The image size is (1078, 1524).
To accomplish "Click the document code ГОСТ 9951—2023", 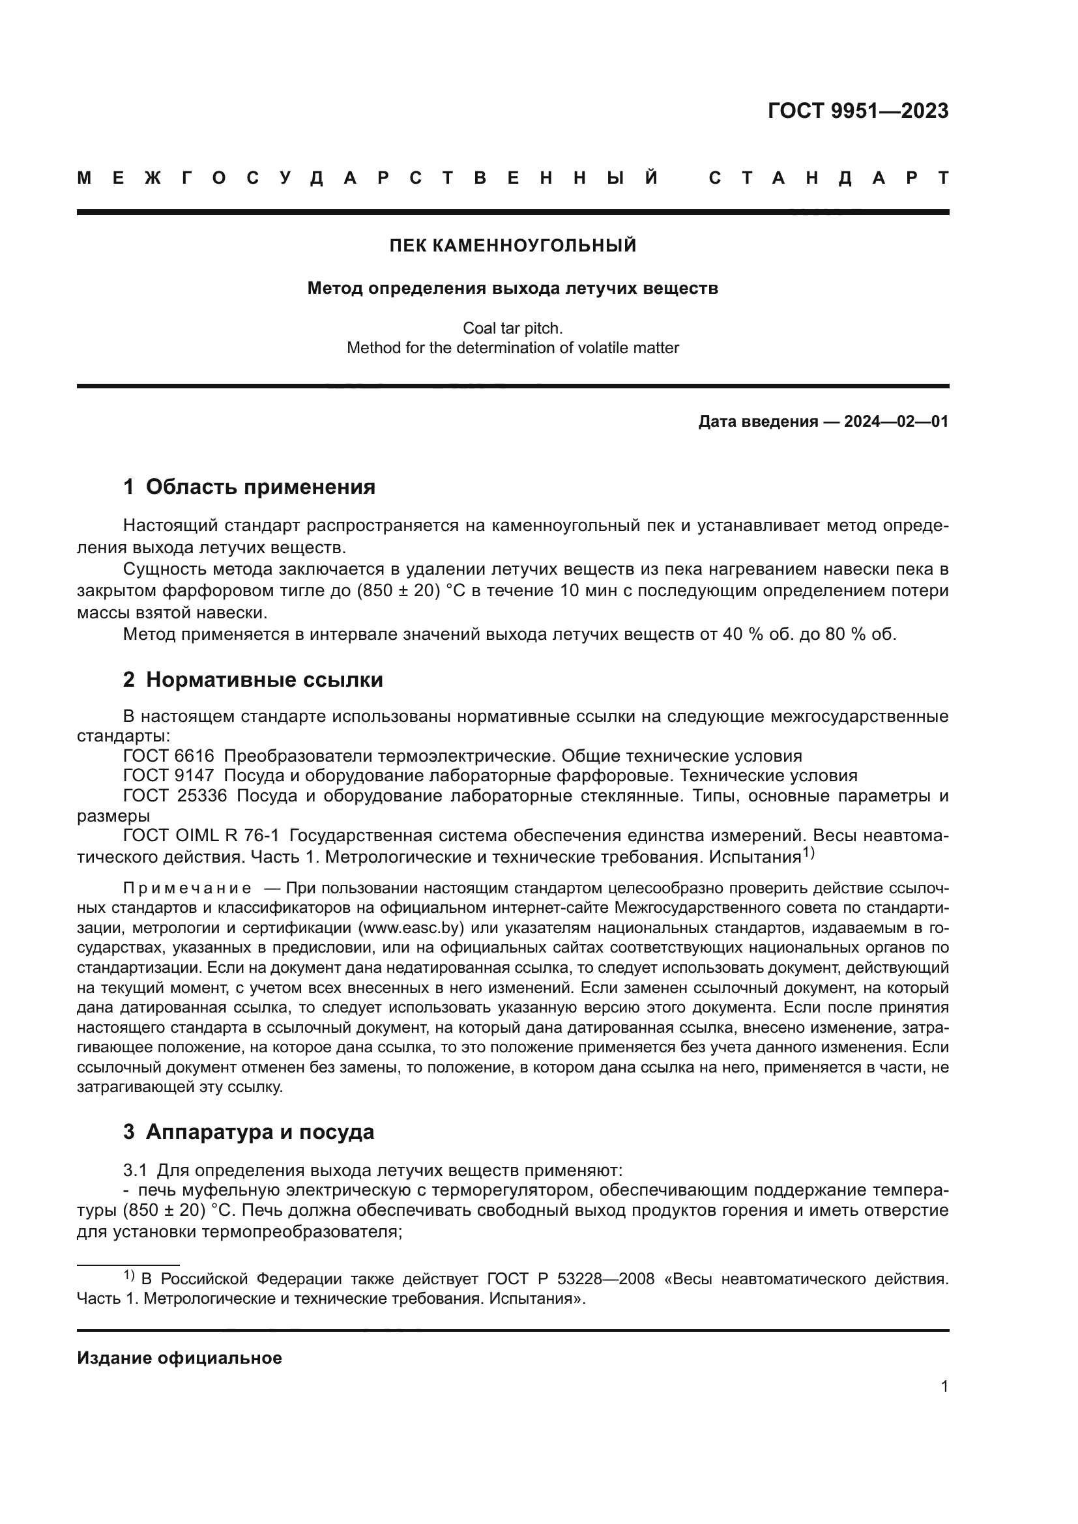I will pos(858,111).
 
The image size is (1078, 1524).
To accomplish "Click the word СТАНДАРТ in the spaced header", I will pos(828,178).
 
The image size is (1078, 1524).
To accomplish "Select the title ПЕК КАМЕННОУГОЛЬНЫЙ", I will pos(512,246).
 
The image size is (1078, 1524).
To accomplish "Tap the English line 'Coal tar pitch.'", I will pos(512,328).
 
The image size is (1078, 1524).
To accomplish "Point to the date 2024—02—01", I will pos(896,422).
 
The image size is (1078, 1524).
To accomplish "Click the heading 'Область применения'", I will pos(260,487).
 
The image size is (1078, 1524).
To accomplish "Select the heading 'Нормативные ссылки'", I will pos(264,680).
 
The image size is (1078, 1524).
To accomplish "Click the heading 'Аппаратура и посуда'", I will pos(259,1132).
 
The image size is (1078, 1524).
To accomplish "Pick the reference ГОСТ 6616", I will pos(169,756).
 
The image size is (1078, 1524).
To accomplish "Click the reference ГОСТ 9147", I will pos(169,776).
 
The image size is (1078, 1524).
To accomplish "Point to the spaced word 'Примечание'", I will pos(187,889).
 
